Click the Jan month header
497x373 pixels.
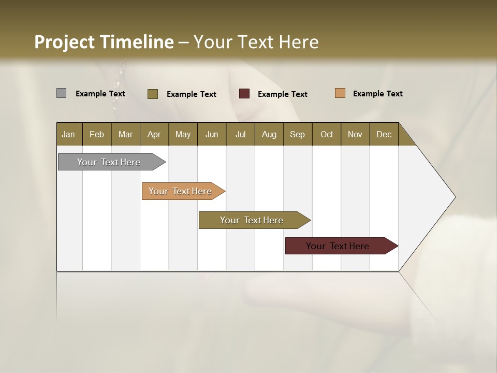pyautogui.click(x=68, y=134)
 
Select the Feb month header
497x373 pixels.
pyautogui.click(x=97, y=134)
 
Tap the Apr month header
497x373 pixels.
pyautogui.click(x=154, y=134)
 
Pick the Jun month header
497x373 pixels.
pyautogui.click(x=212, y=134)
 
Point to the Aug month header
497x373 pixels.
pyautogui.click(x=269, y=134)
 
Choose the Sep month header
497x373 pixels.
pyautogui.click(x=297, y=134)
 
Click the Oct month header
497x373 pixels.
pyautogui.click(x=327, y=134)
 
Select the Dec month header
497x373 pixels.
pyautogui.click(x=384, y=134)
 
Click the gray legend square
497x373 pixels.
pyautogui.click(x=61, y=93)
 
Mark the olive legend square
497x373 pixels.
pyautogui.click(x=153, y=94)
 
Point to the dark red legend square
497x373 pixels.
pyautogui.click(x=244, y=94)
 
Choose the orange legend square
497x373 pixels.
pyautogui.click(x=340, y=93)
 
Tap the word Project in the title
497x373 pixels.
pyautogui.click(x=64, y=42)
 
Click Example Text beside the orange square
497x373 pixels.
pyautogui.click(x=377, y=93)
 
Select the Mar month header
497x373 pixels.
pyautogui.click(x=125, y=134)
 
